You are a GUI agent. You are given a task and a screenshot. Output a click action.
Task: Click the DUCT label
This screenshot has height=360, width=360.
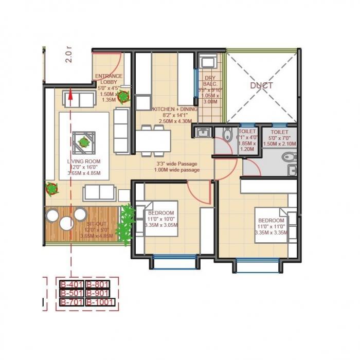coord(261,85)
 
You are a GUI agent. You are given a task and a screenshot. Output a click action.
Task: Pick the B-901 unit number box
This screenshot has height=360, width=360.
coord(99,293)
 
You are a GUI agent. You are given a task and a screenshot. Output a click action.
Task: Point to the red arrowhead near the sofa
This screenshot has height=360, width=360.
coord(70,94)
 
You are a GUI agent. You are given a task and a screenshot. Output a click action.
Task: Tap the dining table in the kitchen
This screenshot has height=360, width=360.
coord(153,139)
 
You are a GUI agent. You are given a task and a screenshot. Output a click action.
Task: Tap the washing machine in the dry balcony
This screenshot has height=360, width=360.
coord(208,63)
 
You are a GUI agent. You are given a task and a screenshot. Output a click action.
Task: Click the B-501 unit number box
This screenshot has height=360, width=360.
coord(71,293)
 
